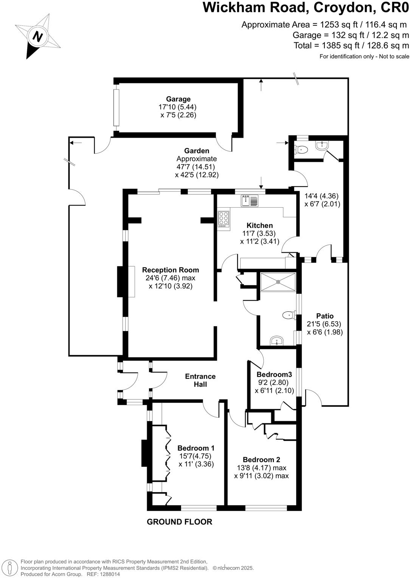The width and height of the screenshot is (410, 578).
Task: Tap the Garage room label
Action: click(178, 99)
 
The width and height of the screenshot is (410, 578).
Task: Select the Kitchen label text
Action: click(259, 225)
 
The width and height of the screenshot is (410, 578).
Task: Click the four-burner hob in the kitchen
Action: click(224, 219)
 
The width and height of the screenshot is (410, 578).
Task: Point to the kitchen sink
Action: click(249, 201)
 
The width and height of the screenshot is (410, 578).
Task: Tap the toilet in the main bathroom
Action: click(289, 315)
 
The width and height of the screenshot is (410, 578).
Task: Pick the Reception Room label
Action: click(170, 270)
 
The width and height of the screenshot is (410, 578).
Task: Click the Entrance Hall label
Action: click(200, 380)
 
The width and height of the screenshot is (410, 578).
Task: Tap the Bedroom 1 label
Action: click(196, 448)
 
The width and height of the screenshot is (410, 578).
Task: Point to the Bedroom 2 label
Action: click(261, 460)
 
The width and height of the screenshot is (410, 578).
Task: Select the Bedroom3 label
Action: click(274, 374)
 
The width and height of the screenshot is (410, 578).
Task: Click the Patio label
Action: click(325, 316)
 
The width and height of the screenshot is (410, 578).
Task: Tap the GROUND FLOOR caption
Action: click(179, 522)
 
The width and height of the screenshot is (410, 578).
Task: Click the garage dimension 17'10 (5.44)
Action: click(177, 107)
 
